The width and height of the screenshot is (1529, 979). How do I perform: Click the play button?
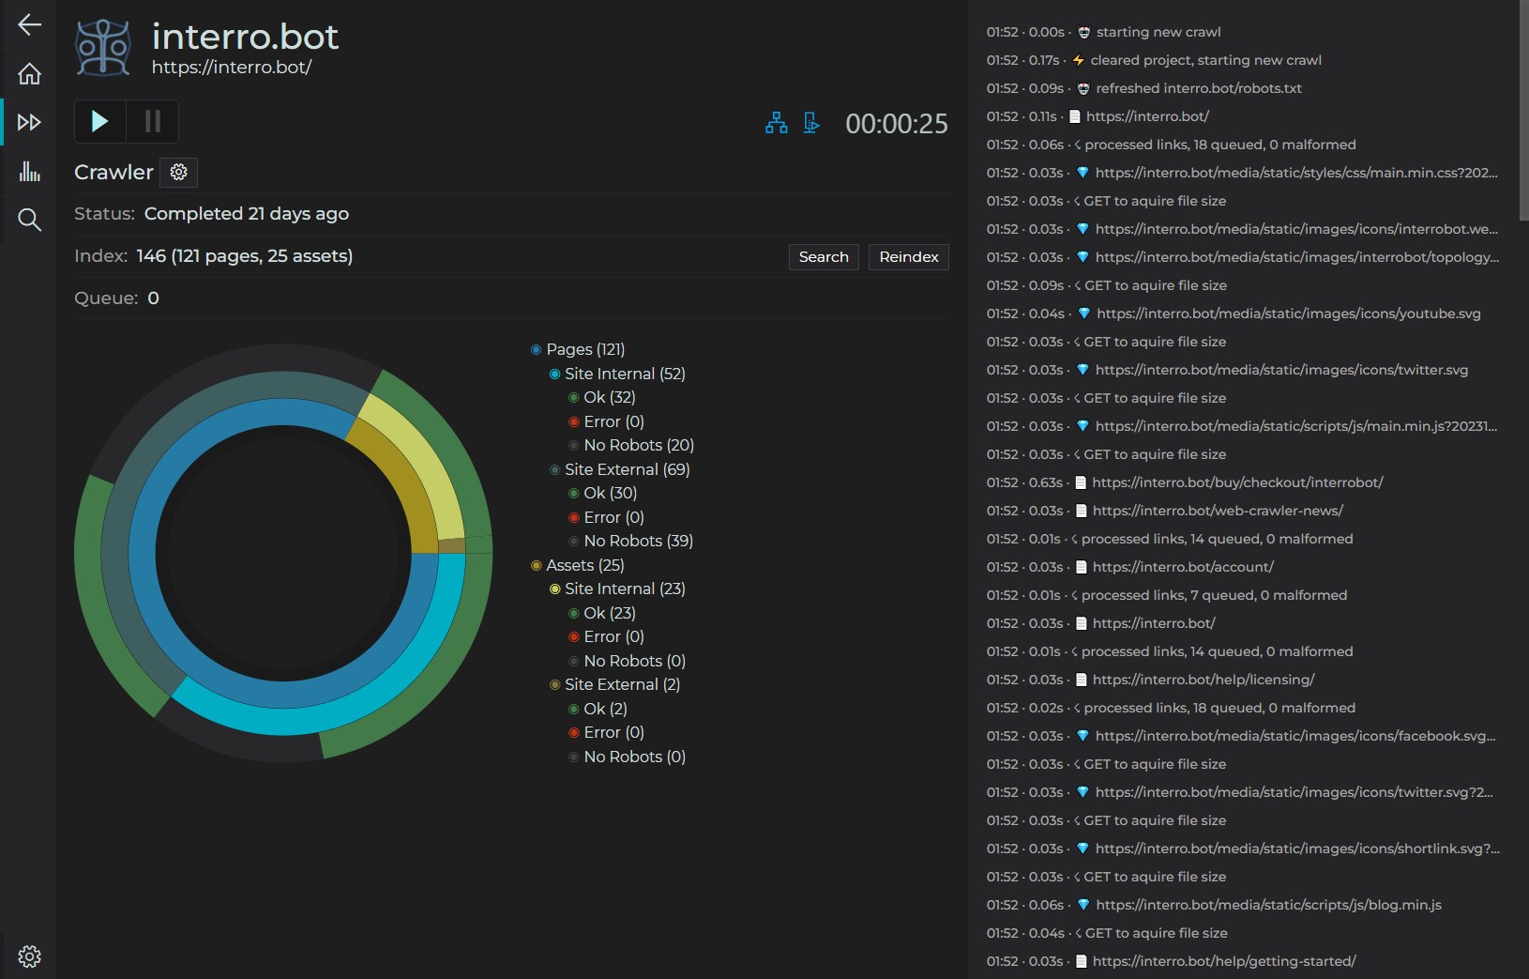99,121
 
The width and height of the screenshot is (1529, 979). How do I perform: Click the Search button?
824,257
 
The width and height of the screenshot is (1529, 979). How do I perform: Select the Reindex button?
908,257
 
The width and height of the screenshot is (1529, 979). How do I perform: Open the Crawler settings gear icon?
179,172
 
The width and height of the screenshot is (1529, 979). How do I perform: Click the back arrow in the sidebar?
29,24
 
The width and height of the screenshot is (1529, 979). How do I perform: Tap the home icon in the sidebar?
29,73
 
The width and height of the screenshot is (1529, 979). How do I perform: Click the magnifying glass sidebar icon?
29,220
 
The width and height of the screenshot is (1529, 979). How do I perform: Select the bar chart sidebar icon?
29,171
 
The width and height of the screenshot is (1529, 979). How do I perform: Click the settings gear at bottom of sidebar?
29,956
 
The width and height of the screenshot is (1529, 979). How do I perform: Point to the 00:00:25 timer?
896,124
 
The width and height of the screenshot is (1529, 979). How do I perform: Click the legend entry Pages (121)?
584,349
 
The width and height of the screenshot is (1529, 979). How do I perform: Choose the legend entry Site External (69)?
627,469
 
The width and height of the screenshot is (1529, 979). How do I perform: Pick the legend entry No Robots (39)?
638,541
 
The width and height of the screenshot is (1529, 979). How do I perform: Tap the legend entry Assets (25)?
584,565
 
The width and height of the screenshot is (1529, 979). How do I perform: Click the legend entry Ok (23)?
609,613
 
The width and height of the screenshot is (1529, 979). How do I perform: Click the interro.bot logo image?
103,46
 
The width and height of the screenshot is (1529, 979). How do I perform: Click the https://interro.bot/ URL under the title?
232,68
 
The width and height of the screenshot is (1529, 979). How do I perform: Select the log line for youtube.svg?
1288,314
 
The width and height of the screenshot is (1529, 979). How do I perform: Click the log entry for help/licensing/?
1204,680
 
